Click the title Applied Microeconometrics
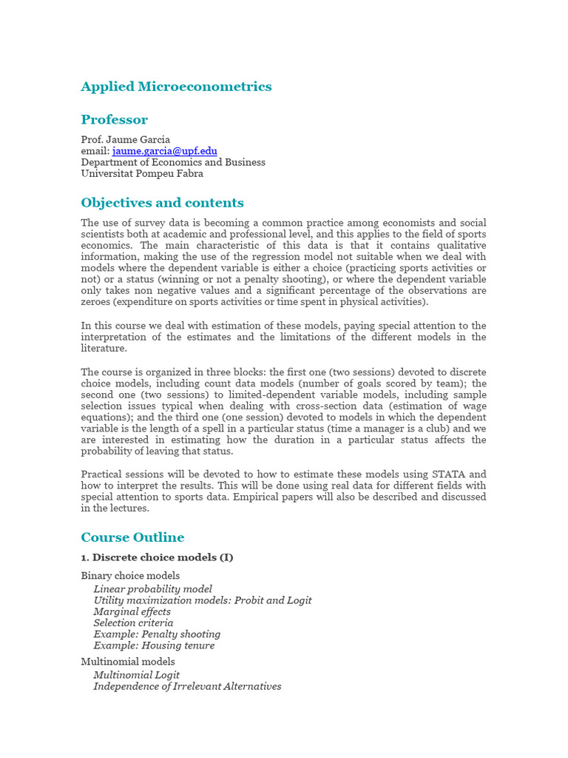coord(176,87)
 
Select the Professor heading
coord(114,120)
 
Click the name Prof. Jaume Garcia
coord(125,140)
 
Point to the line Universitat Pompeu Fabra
coord(142,174)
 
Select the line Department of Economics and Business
coord(173,162)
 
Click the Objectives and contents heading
coord(162,203)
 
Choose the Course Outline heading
coord(132,537)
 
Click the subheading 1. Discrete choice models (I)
coord(157,557)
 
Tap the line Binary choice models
coord(130,576)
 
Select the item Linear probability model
coord(152,589)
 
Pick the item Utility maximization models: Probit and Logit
coord(202,600)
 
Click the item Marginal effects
coord(132,611)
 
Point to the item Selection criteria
coord(133,623)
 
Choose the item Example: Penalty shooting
coord(157,634)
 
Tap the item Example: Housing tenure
coord(154,645)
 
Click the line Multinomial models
coord(127,662)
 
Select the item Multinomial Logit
coord(136,675)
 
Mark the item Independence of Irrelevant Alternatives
coord(187,686)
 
